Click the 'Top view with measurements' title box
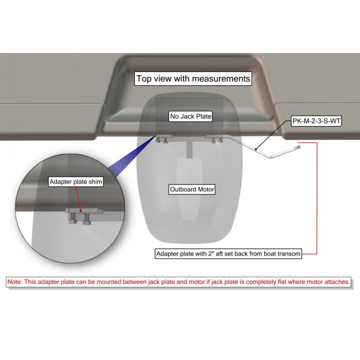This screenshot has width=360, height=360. [x=193, y=79]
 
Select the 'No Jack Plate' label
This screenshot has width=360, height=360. [x=191, y=116]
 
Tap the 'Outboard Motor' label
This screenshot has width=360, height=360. [x=192, y=189]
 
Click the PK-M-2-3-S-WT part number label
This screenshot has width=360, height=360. [x=316, y=121]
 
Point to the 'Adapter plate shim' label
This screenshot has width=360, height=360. [x=76, y=182]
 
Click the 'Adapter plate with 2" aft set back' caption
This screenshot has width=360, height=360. [x=228, y=254]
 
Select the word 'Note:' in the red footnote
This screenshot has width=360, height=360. [x=15, y=282]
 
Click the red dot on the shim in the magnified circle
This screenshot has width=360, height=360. [x=81, y=211]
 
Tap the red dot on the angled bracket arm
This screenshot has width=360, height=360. [x=256, y=150]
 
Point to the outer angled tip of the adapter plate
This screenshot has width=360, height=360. [x=300, y=147]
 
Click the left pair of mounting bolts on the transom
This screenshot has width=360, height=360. [x=162, y=140]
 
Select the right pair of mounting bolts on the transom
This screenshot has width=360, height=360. [x=217, y=140]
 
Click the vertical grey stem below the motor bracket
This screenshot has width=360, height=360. [x=189, y=150]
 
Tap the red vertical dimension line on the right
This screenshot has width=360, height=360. [x=317, y=199]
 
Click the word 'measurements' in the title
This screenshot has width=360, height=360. [x=221, y=79]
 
